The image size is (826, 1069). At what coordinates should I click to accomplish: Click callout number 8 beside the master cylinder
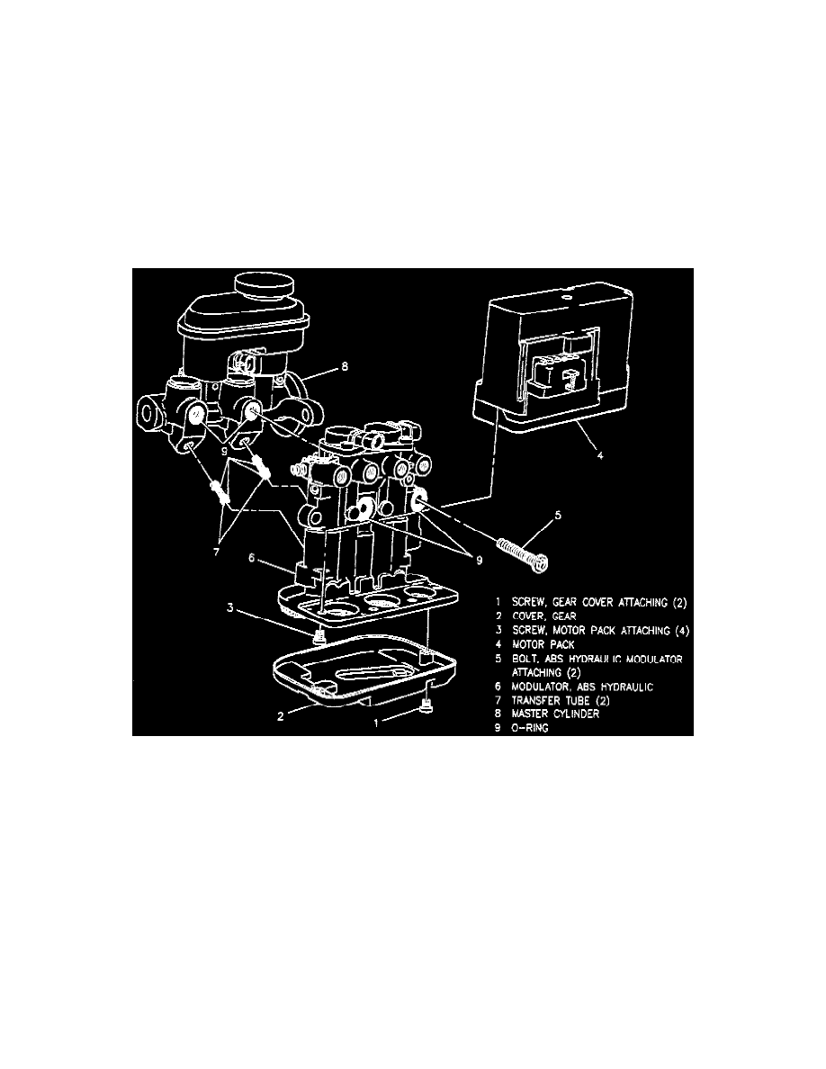pyautogui.click(x=345, y=367)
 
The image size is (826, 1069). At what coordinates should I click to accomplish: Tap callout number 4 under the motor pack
pyautogui.click(x=600, y=455)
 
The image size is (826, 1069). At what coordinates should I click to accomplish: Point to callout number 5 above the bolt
pyautogui.click(x=558, y=516)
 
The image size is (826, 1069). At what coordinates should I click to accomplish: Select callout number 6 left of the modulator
pyautogui.click(x=251, y=558)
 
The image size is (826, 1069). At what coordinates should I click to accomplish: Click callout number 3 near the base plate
pyautogui.click(x=231, y=607)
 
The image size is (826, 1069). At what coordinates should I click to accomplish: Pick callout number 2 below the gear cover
pyautogui.click(x=280, y=716)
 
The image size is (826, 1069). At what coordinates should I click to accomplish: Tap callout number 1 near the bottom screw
pyautogui.click(x=375, y=723)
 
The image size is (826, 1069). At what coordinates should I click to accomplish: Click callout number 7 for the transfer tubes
pyautogui.click(x=216, y=552)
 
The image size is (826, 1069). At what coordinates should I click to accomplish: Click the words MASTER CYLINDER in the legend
pyautogui.click(x=555, y=714)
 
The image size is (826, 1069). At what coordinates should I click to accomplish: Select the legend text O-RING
pyautogui.click(x=530, y=728)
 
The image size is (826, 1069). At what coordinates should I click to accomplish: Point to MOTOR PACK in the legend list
pyautogui.click(x=543, y=644)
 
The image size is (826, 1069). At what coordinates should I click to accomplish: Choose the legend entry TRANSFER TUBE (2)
pyautogui.click(x=561, y=700)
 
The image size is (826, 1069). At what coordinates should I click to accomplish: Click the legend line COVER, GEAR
pyautogui.click(x=543, y=616)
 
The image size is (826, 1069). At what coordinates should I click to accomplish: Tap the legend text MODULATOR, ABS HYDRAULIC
pyautogui.click(x=582, y=687)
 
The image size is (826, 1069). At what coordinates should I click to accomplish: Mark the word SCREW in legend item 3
pyautogui.click(x=530, y=631)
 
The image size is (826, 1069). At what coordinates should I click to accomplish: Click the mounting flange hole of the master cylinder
pyautogui.click(x=148, y=412)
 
